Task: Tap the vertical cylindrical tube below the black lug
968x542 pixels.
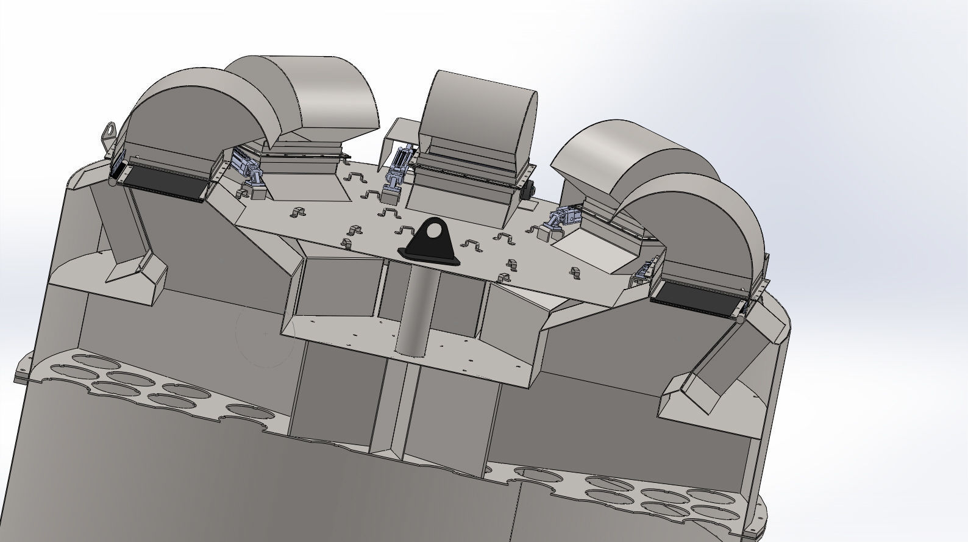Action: pos(416,311)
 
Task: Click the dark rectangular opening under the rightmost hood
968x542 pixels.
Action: pos(695,299)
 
